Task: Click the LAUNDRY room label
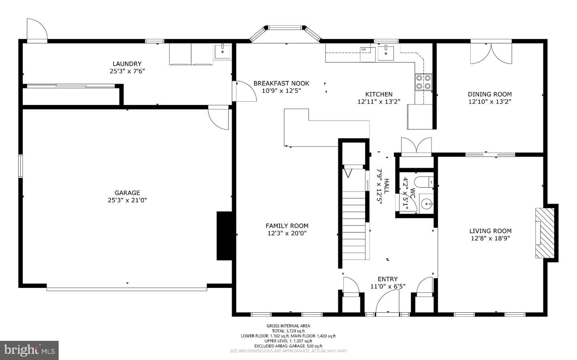click(x=127, y=64)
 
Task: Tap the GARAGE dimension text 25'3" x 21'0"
click(x=127, y=200)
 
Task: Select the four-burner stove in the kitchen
click(x=424, y=82)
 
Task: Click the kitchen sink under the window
click(x=385, y=53)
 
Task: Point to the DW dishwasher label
click(x=363, y=49)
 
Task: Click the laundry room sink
click(x=222, y=51)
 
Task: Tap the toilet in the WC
click(x=424, y=182)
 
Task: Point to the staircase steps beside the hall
click(x=354, y=225)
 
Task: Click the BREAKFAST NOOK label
click(x=281, y=83)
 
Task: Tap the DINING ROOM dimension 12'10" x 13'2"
click(x=490, y=101)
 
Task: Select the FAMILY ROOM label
click(x=287, y=226)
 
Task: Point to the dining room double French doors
click(x=491, y=53)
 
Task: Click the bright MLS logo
click(x=29, y=350)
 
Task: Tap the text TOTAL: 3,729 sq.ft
click(x=288, y=331)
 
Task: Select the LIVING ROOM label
click(x=490, y=231)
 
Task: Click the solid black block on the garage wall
click(x=224, y=236)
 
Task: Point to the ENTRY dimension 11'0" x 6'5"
click(x=388, y=286)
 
